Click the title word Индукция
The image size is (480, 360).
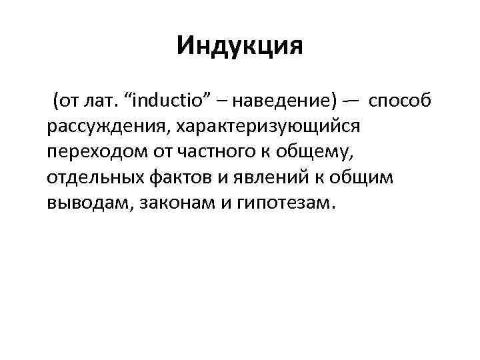point(240,47)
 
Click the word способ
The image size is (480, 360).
point(400,101)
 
